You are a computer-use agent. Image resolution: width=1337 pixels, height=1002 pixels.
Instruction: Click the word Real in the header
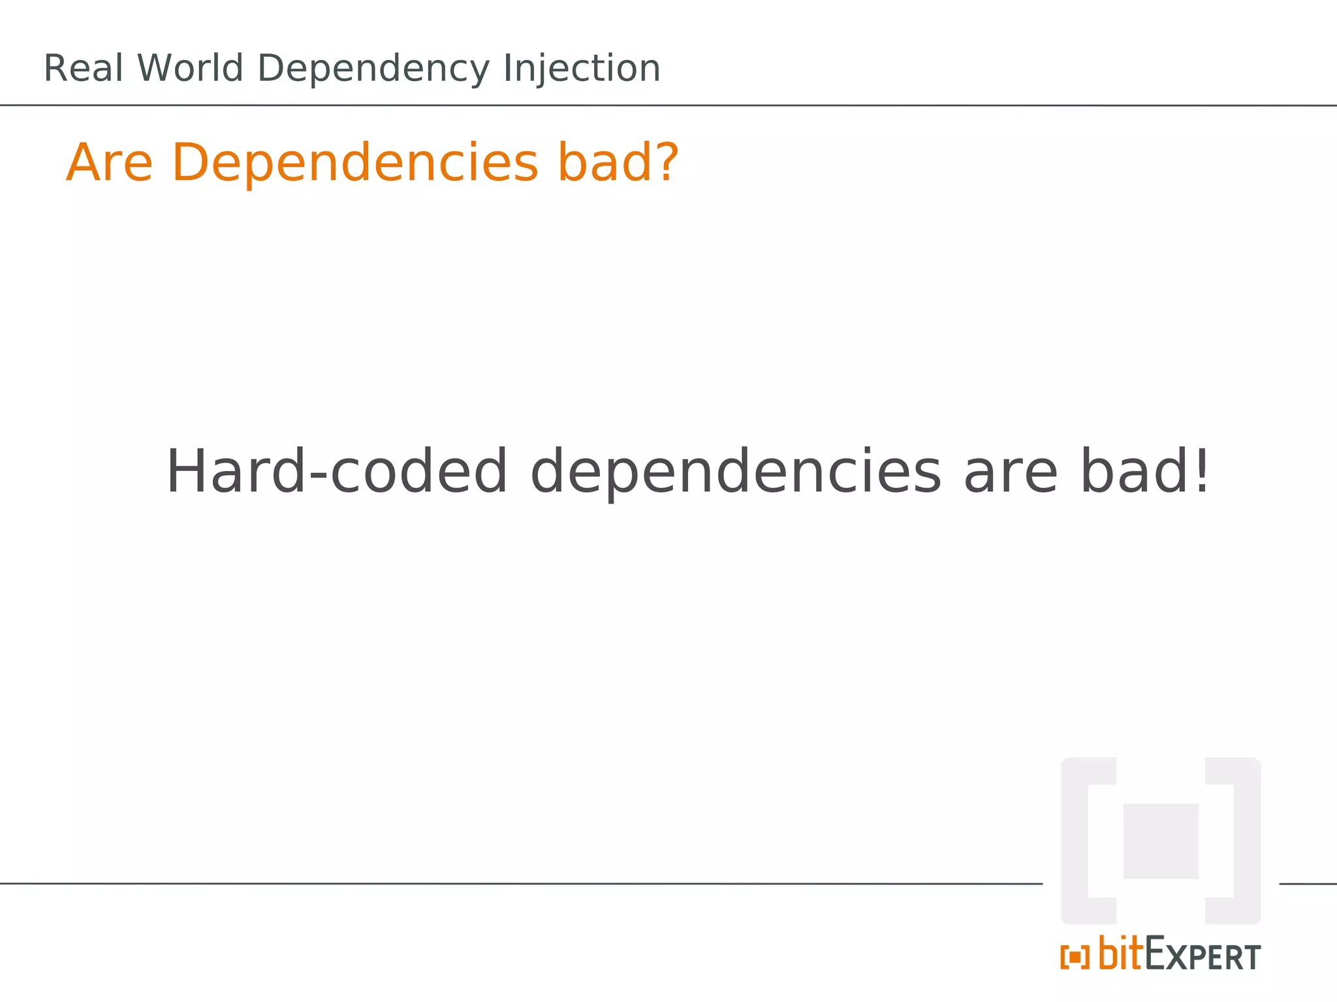pyautogui.click(x=83, y=68)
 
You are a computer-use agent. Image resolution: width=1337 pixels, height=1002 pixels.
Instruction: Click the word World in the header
pyautogui.click(x=190, y=68)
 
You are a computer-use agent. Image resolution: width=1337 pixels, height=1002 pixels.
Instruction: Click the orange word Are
pyautogui.click(x=110, y=162)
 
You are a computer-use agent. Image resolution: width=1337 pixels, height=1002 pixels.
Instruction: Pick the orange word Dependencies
pyautogui.click(x=355, y=164)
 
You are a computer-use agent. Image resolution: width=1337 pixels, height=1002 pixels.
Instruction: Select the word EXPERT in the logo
pyautogui.click(x=1203, y=956)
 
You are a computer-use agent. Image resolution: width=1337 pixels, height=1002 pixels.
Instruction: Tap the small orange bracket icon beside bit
pyautogui.click(x=1075, y=958)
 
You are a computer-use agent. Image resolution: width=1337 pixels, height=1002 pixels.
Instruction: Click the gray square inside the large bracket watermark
pyautogui.click(x=1161, y=841)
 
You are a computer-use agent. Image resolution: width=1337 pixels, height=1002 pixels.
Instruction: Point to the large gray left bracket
pyautogui.click(x=1076, y=841)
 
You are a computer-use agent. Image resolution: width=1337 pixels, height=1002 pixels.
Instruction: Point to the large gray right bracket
pyautogui.click(x=1246, y=841)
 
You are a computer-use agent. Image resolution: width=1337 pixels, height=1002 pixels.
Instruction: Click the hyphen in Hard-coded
pyautogui.click(x=318, y=477)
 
